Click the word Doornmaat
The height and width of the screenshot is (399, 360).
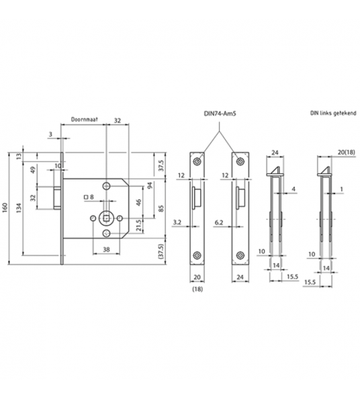pyautogui.click(x=84, y=121)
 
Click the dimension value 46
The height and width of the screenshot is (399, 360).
pyautogui.click(x=139, y=202)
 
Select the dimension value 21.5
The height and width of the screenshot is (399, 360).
pyautogui.click(x=139, y=224)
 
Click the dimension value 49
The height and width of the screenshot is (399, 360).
pyautogui.click(x=33, y=169)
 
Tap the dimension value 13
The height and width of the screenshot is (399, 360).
pyautogui.click(x=19, y=156)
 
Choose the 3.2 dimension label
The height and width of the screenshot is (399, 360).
pyautogui.click(x=177, y=221)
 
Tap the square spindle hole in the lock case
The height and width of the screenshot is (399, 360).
pyautogui.click(x=105, y=217)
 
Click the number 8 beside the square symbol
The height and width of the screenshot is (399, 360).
pyautogui.click(x=92, y=197)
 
